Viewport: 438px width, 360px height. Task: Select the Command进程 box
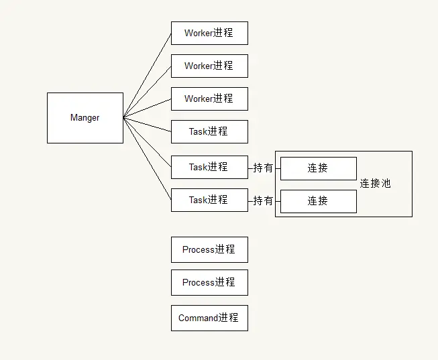209,318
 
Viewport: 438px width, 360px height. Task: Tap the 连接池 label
375,183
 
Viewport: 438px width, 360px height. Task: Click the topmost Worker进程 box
209,33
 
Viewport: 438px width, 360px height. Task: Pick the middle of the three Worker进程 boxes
209,66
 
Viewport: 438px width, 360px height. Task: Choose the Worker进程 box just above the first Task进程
209,99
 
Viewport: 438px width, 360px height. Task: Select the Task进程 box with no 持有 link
209,131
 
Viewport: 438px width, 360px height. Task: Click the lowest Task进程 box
209,200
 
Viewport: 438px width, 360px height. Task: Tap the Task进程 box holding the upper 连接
209,167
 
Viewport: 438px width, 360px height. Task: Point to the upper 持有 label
263,168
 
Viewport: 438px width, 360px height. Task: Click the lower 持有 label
263,200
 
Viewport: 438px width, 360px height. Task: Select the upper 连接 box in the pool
318,168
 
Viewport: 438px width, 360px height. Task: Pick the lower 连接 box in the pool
318,200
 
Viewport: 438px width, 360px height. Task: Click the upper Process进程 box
209,249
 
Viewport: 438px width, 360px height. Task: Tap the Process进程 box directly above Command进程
209,282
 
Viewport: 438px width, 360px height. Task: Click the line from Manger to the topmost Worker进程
148,75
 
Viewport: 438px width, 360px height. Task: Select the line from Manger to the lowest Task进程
148,158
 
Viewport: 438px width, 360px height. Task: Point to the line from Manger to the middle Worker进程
148,92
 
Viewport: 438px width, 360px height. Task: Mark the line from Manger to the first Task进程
148,125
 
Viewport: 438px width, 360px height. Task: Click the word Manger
85,118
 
